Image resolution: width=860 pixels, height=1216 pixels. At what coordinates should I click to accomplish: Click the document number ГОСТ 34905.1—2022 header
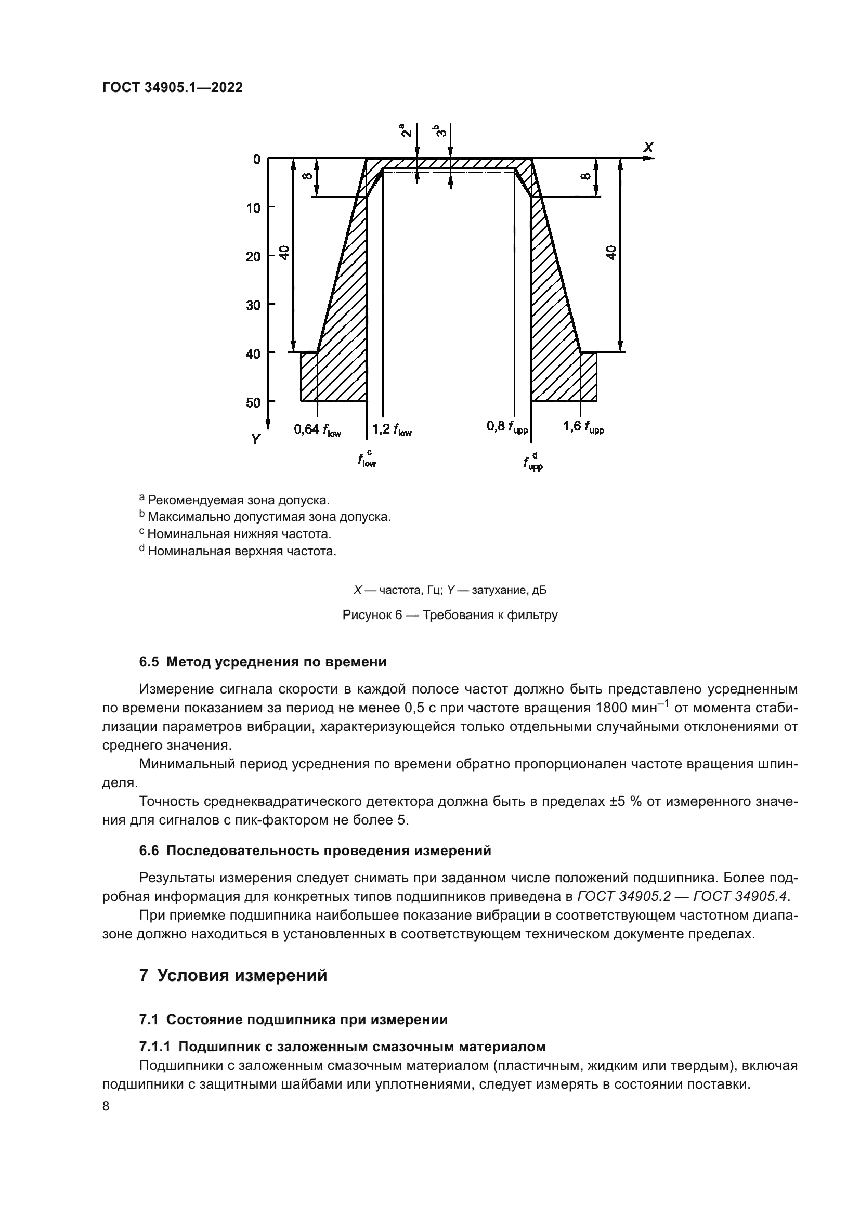(x=172, y=88)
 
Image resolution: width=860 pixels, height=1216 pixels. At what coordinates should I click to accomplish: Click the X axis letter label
(x=648, y=147)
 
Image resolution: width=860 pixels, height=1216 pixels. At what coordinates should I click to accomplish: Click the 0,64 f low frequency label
(x=317, y=429)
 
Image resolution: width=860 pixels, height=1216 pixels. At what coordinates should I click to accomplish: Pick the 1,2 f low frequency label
(x=392, y=429)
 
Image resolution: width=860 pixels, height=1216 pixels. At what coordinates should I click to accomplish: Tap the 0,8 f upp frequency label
(x=507, y=427)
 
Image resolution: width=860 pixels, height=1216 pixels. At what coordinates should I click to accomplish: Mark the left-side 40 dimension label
(x=284, y=253)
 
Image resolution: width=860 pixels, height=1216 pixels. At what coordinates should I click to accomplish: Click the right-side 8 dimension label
(x=585, y=176)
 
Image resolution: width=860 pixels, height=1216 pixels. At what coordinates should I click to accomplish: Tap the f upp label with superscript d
(x=533, y=461)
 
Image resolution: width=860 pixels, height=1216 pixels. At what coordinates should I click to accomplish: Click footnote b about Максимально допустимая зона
(x=265, y=516)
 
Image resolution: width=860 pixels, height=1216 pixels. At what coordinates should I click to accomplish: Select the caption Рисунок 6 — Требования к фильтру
(x=450, y=615)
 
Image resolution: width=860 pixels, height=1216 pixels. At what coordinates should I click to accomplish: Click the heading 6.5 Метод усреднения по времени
(x=263, y=662)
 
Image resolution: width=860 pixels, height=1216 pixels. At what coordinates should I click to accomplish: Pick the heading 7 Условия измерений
(x=233, y=975)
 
